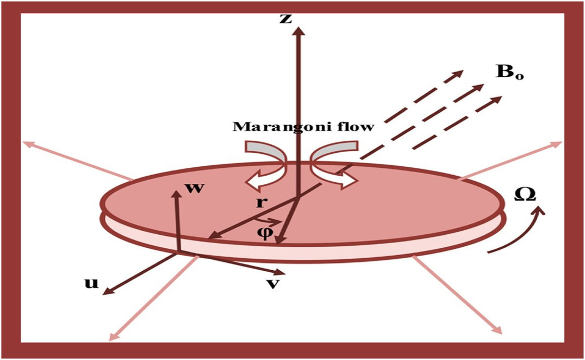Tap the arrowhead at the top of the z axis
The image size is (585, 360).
(298, 29)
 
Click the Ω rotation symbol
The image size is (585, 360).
(526, 195)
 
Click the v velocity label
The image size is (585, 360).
(274, 284)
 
